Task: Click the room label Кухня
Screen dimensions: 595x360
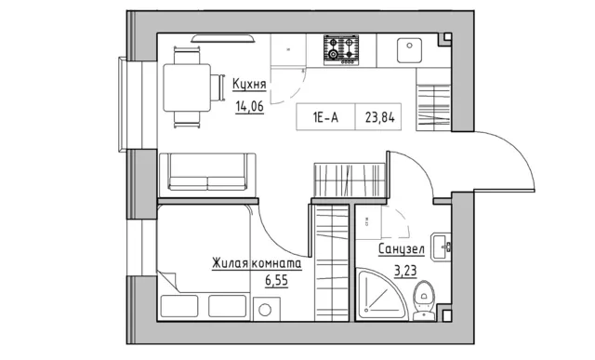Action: (249, 85)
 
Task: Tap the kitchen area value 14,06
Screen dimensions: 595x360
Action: (249, 106)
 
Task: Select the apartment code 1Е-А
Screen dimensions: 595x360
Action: (325, 117)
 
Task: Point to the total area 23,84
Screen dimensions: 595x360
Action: (379, 117)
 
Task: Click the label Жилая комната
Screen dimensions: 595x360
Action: (257, 263)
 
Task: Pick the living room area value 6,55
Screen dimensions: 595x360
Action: (276, 281)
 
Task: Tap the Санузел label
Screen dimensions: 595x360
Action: (401, 249)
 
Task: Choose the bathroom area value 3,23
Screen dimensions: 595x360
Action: (405, 271)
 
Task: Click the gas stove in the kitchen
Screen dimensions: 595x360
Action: (341, 49)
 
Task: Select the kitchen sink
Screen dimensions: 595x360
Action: (409, 50)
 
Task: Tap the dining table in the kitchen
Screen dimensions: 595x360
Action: (187, 87)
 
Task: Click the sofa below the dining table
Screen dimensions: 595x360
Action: (207, 172)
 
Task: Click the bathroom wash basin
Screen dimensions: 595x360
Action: (441, 247)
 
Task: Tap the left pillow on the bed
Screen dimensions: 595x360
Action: (179, 306)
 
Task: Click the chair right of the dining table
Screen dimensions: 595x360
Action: (218, 87)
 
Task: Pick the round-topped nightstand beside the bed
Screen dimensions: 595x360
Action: (265, 309)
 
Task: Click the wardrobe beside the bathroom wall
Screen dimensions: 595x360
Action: (332, 262)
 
